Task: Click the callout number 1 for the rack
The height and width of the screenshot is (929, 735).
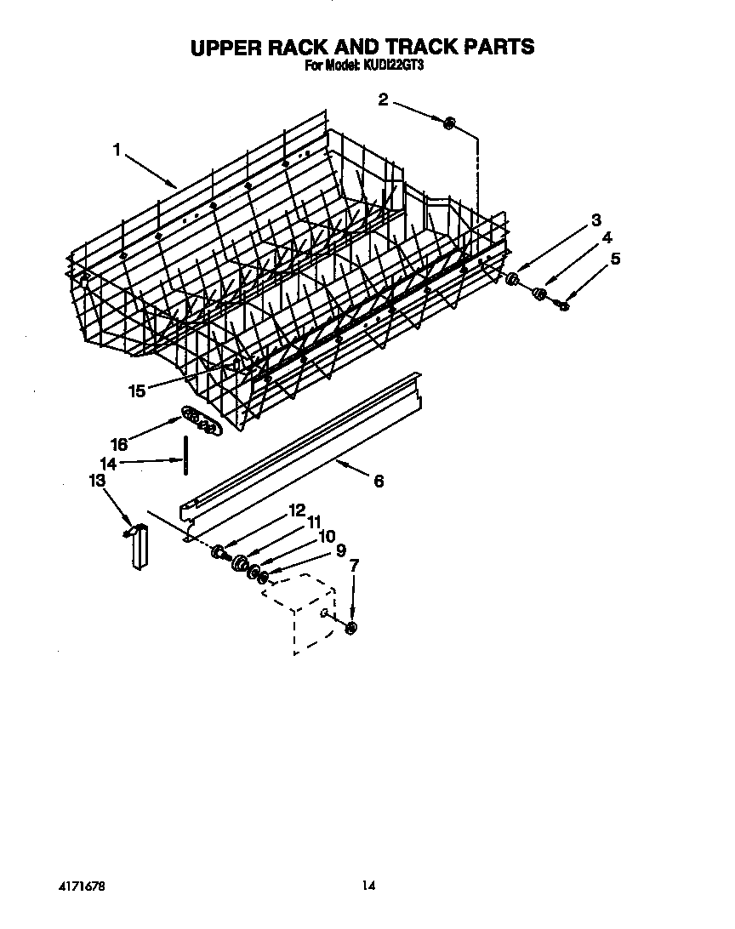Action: pyautogui.click(x=117, y=150)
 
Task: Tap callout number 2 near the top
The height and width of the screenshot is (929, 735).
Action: pyautogui.click(x=383, y=100)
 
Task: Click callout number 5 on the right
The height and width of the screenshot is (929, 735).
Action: pyautogui.click(x=615, y=258)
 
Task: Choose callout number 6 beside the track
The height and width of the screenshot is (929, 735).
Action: pyautogui.click(x=379, y=481)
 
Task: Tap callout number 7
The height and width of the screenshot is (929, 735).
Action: pyautogui.click(x=354, y=564)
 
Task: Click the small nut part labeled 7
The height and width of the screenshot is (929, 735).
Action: pyautogui.click(x=350, y=628)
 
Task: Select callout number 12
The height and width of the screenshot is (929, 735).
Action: pyautogui.click(x=296, y=510)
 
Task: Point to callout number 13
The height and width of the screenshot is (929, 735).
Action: pyautogui.click(x=97, y=481)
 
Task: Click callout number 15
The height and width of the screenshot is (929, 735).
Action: pyautogui.click(x=137, y=390)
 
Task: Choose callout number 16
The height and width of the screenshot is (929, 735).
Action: pyautogui.click(x=119, y=444)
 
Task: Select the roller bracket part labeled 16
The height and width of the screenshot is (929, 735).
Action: pyautogui.click(x=201, y=420)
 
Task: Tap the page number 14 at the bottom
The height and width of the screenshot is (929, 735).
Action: pyautogui.click(x=367, y=885)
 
